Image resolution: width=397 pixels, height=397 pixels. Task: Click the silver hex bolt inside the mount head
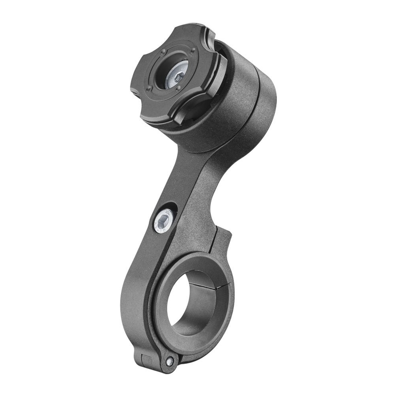[177, 76]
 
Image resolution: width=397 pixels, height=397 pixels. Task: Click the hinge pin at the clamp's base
[170, 362]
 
